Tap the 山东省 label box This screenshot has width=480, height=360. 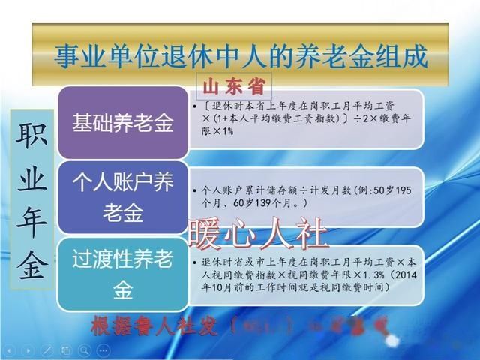click(234, 82)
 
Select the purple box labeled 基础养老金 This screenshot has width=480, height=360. click(122, 123)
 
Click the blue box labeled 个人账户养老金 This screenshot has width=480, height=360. click(122, 196)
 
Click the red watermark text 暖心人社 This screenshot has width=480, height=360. click(259, 235)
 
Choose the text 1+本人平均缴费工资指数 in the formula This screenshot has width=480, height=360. click(277, 118)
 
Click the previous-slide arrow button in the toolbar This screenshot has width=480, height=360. click(10, 350)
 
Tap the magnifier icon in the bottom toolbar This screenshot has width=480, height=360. click(85, 350)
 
